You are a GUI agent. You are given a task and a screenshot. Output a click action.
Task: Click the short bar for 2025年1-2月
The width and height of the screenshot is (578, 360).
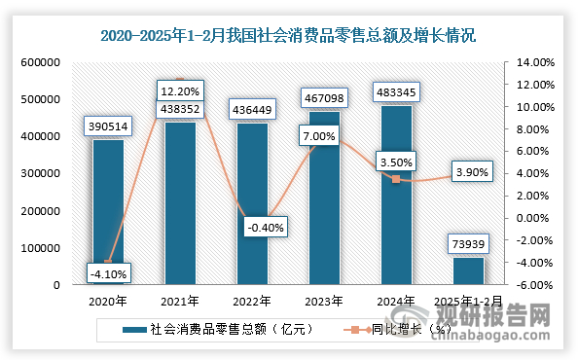pos(468,271)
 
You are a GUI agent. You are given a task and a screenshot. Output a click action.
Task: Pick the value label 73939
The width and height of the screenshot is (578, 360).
pos(468,243)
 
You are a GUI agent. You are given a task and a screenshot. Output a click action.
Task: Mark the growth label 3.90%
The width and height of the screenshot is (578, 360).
pos(468,173)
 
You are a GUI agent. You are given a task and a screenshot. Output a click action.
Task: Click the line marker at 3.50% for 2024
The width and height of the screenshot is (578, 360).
pos(396,179)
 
